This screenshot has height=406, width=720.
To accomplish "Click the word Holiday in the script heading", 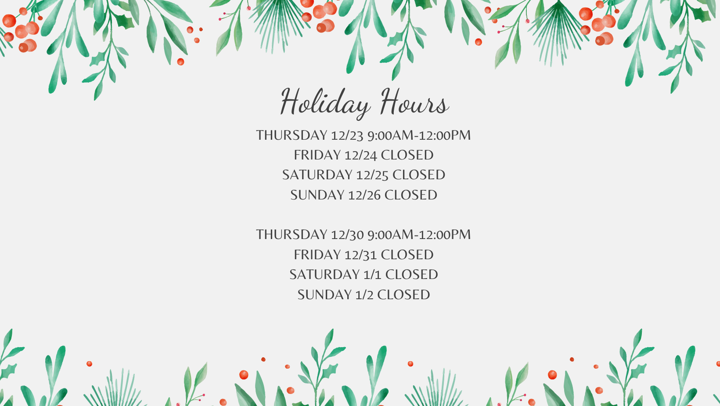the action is [325, 103].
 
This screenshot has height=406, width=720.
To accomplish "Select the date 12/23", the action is [347, 135].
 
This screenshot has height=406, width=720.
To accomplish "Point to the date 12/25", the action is [373, 175].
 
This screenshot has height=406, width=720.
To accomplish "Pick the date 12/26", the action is [364, 195].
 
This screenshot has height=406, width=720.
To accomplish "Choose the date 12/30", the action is [347, 235].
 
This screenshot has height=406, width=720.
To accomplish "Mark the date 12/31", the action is [360, 255].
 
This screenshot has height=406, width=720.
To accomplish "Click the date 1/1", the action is [373, 275].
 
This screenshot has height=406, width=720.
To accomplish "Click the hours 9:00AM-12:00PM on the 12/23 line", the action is [419, 135].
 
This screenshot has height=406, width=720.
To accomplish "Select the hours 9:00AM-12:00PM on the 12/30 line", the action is [419, 235].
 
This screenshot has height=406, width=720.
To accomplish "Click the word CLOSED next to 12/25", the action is [419, 175].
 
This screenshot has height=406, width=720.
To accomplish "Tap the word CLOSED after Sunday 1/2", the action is [403, 295].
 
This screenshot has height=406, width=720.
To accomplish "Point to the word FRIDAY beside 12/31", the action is [317, 255].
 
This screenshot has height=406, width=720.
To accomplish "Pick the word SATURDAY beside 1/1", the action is [324, 275].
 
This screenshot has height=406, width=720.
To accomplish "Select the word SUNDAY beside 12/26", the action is [317, 195].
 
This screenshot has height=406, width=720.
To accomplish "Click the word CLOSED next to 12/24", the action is [407, 155].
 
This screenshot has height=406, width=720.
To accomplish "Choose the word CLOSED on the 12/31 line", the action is [407, 255].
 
